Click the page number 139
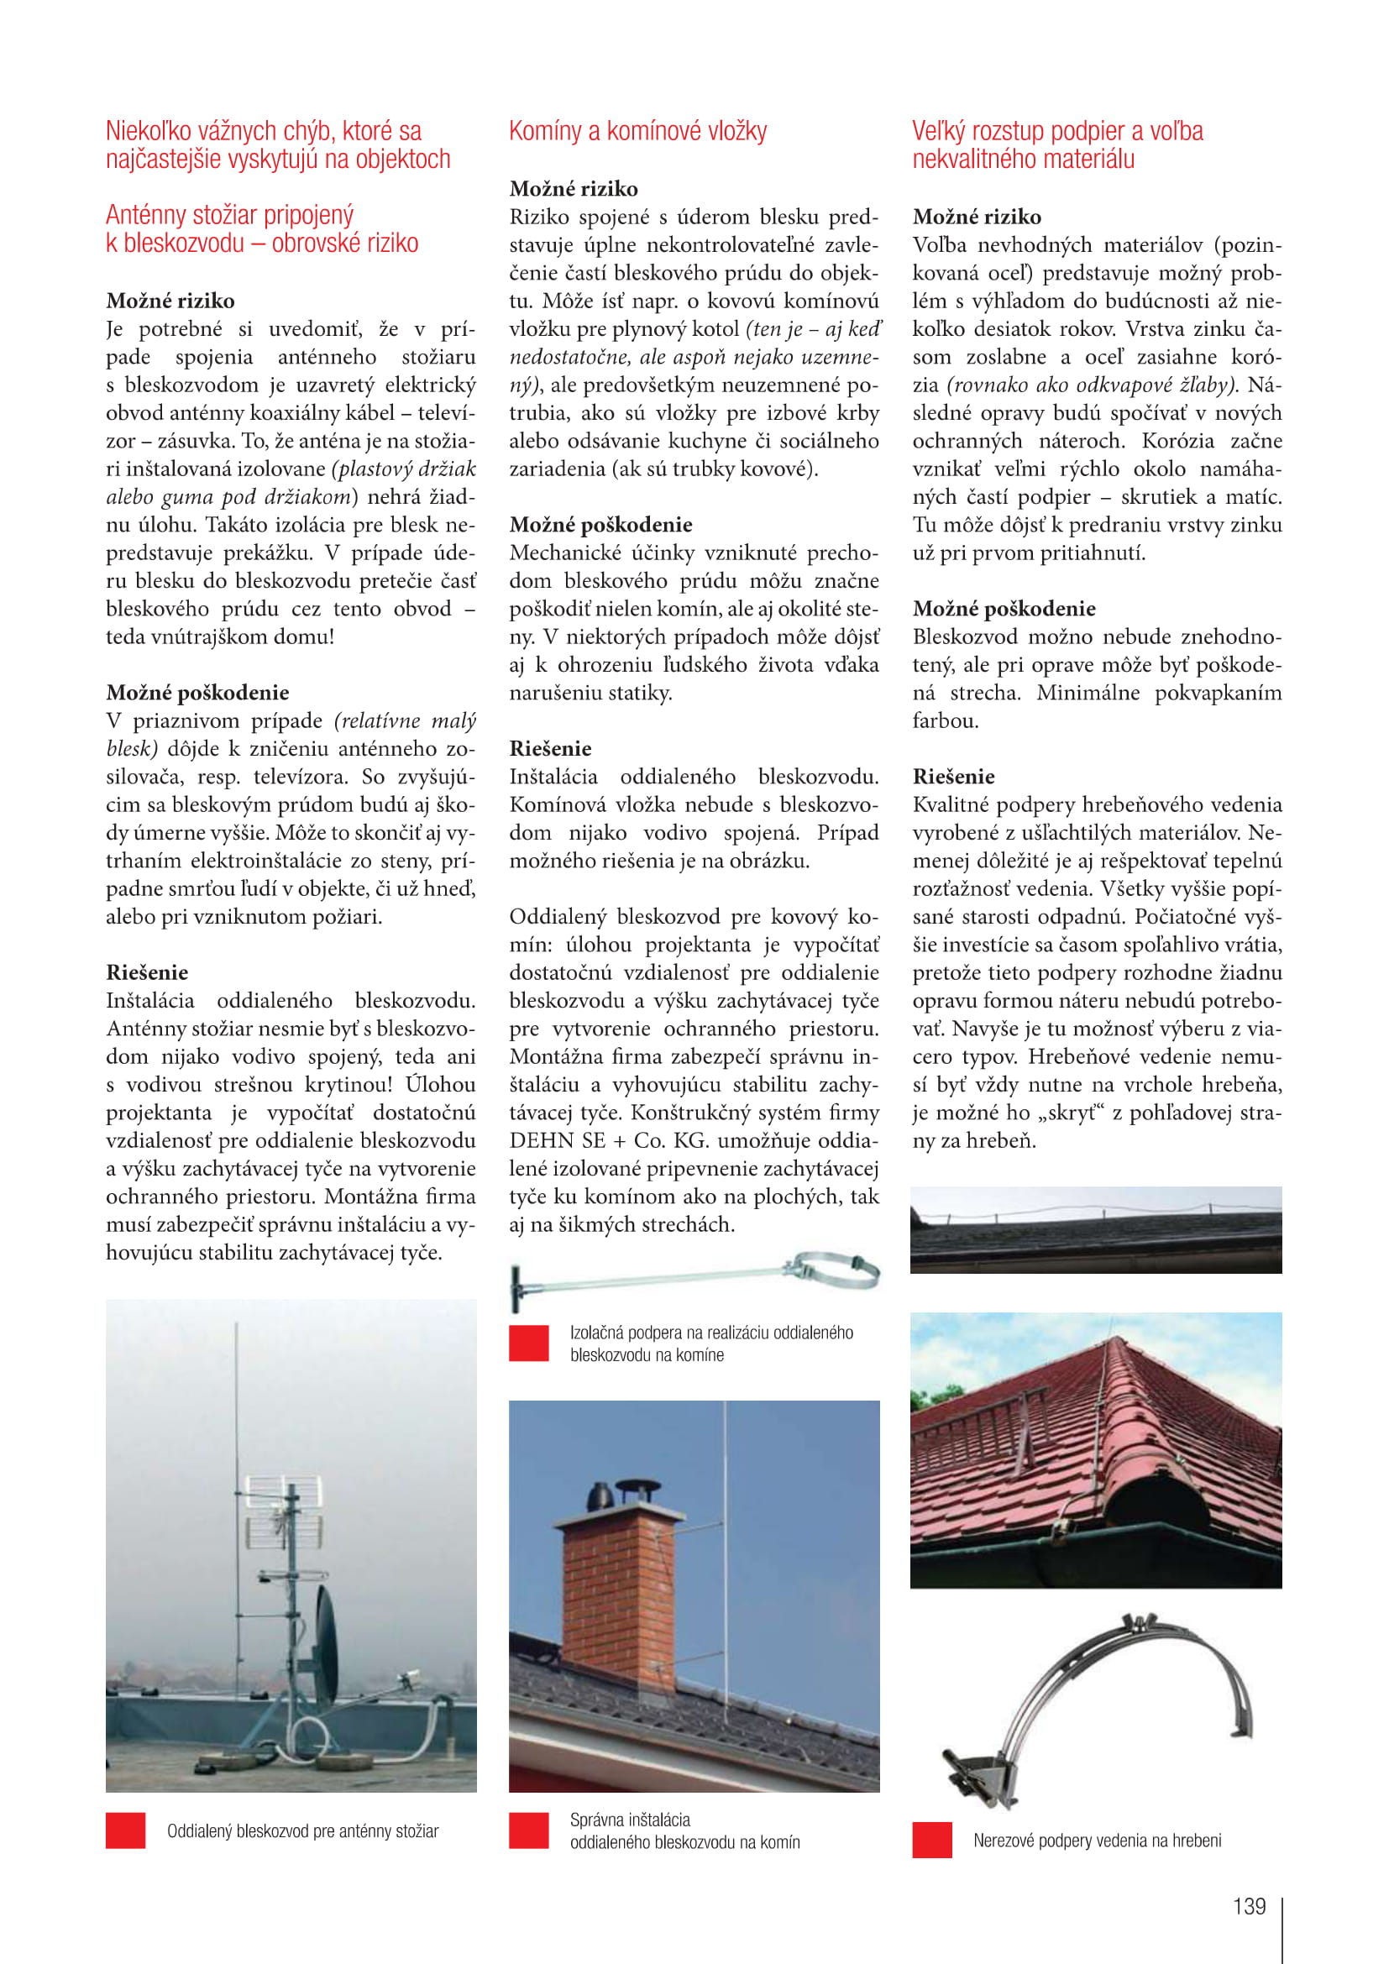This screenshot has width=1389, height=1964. coord(1249,1906)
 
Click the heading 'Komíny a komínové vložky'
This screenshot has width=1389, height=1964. coord(637,131)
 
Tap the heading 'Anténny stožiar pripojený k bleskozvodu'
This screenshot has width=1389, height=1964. coord(262,228)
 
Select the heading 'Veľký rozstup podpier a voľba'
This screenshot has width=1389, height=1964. coord(1057,131)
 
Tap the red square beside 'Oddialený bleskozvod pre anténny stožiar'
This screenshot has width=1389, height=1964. coord(126,1830)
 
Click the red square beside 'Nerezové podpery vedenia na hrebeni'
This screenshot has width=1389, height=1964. coord(931,1840)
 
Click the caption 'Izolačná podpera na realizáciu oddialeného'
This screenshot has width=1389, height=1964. coord(710,1333)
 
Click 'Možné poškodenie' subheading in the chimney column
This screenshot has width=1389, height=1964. coord(600,524)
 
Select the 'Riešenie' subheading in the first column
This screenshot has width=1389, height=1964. coord(147,972)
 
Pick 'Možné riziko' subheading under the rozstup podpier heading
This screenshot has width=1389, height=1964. coord(977,217)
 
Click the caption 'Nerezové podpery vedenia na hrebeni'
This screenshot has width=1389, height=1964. coord(1097,1840)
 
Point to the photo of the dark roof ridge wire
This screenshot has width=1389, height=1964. coord(1096,1229)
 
